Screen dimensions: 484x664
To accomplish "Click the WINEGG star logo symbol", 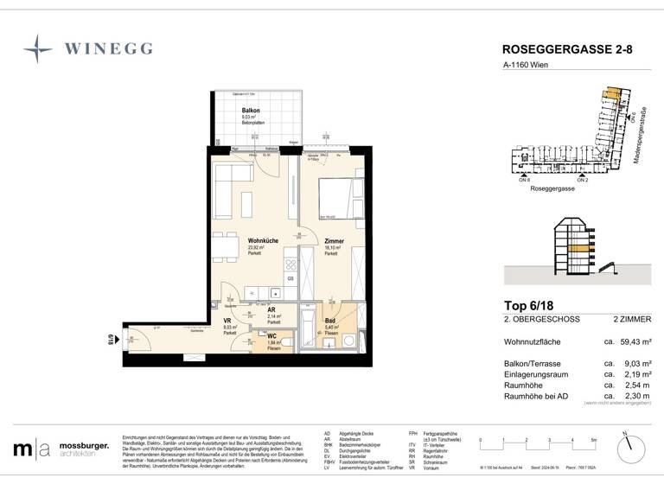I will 38,48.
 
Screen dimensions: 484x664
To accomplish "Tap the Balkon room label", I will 251,111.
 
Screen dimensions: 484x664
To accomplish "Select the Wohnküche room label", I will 263,241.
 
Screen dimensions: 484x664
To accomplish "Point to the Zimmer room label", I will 334,241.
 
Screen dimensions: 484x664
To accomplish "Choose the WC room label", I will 271,336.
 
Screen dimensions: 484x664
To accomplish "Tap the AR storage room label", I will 271,310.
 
